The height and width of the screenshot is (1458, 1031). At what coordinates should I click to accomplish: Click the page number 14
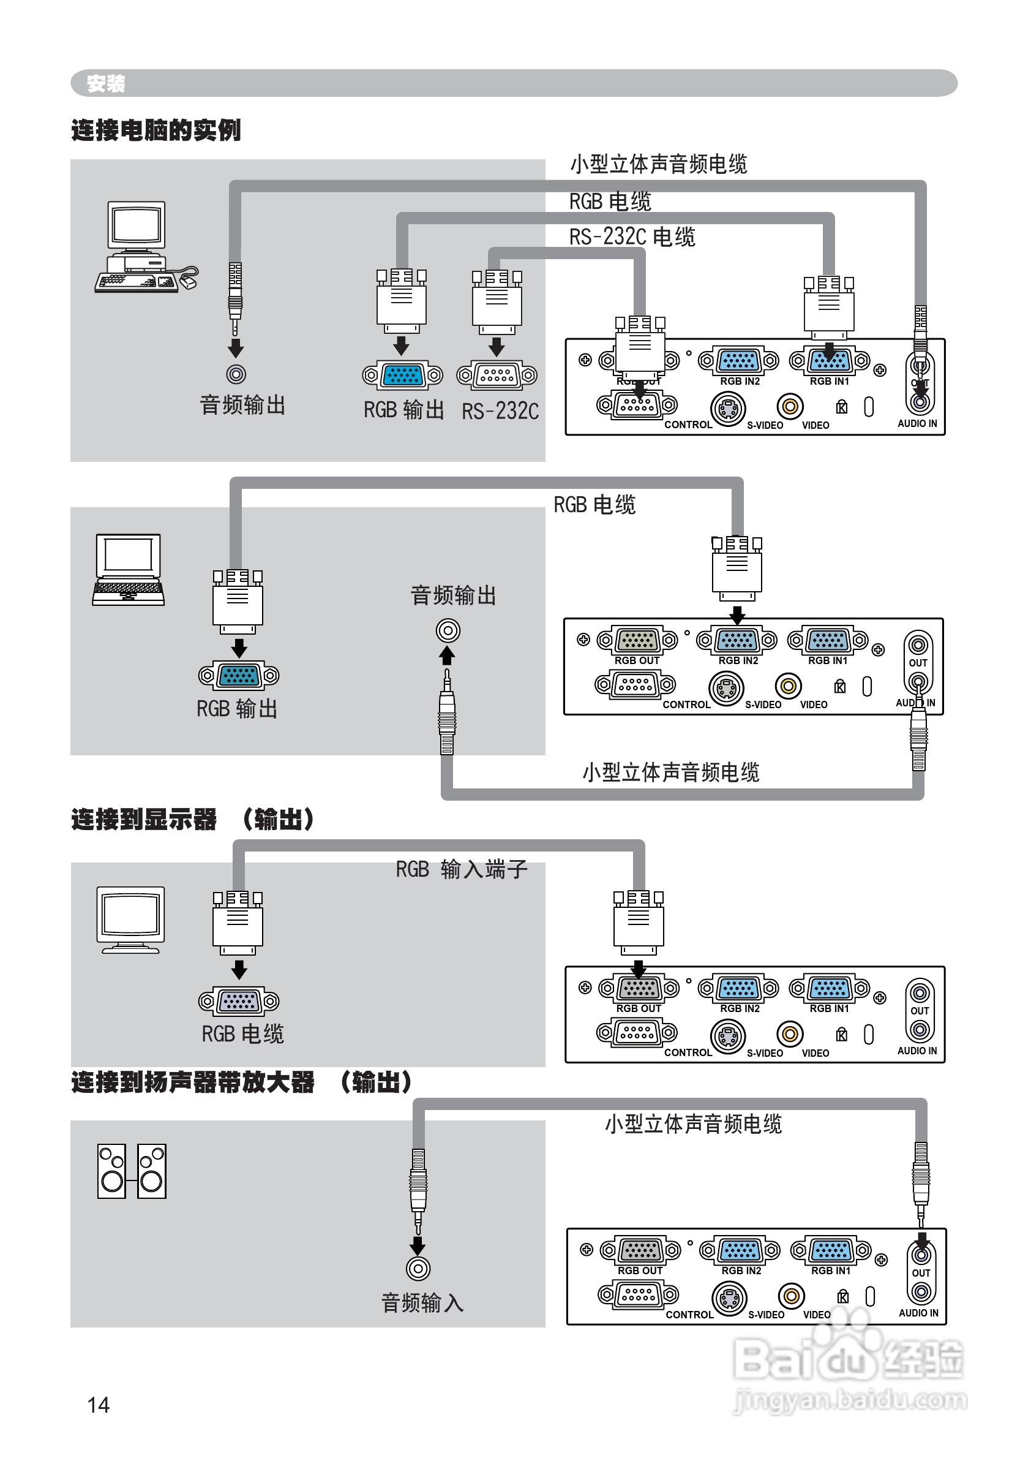(x=99, y=1405)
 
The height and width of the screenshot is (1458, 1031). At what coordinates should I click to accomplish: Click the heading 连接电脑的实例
(x=156, y=130)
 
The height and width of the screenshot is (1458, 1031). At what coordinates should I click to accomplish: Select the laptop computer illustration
(x=128, y=570)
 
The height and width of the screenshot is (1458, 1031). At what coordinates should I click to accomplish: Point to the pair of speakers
(x=132, y=1171)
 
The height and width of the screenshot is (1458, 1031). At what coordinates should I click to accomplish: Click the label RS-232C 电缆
(x=632, y=237)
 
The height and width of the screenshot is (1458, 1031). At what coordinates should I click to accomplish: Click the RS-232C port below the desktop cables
(x=497, y=375)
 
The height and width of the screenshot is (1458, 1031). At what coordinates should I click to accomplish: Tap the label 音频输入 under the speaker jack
(x=423, y=1303)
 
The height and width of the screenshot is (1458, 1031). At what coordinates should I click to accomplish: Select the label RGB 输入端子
(x=462, y=869)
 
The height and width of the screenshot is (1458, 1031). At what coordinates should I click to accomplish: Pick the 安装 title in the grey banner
(x=106, y=83)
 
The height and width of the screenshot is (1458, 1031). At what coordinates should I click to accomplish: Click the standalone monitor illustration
(x=130, y=920)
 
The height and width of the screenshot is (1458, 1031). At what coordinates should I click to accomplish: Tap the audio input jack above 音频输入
(x=418, y=1269)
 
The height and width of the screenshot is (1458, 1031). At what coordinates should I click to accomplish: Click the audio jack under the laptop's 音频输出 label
(x=448, y=631)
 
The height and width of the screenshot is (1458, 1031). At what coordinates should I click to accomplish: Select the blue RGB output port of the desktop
(x=402, y=375)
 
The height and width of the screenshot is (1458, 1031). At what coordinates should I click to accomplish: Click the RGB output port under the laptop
(x=239, y=675)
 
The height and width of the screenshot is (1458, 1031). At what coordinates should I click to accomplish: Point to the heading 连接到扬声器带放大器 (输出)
(x=241, y=1082)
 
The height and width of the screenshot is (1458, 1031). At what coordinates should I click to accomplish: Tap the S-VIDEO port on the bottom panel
(x=729, y=1298)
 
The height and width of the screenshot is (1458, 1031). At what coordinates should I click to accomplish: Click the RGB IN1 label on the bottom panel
(x=830, y=1271)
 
